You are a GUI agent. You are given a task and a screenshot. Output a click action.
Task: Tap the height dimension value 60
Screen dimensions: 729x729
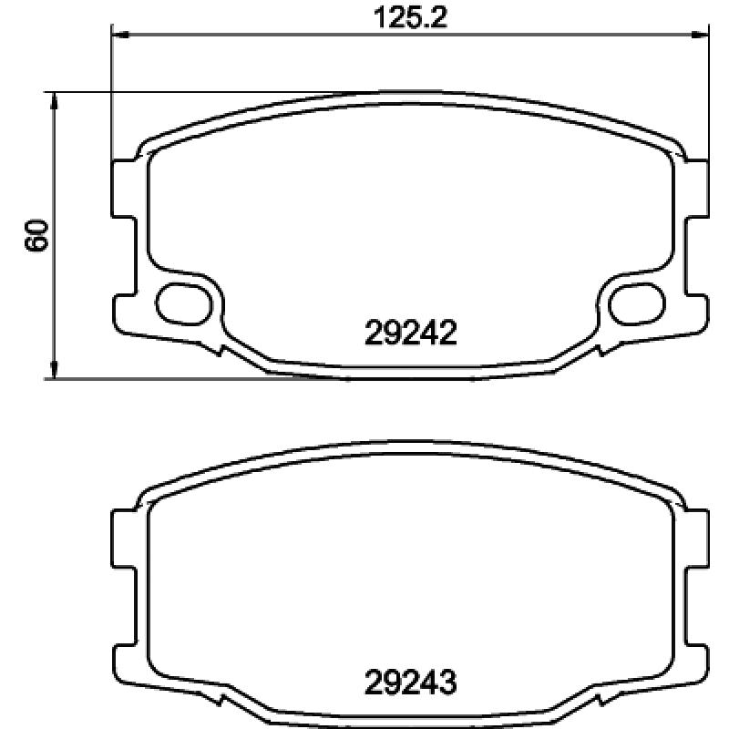36,235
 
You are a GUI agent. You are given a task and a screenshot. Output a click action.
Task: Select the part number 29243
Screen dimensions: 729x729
409,681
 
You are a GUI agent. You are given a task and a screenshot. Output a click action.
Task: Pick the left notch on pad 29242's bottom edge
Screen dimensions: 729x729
219,348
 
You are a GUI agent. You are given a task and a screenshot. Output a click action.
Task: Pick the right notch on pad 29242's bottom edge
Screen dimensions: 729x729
601,348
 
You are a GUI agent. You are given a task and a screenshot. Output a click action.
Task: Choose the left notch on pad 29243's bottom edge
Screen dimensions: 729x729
219,700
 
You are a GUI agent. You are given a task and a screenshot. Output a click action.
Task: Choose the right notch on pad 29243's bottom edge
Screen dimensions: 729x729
601,700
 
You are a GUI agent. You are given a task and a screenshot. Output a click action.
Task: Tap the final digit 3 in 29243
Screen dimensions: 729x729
446,681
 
